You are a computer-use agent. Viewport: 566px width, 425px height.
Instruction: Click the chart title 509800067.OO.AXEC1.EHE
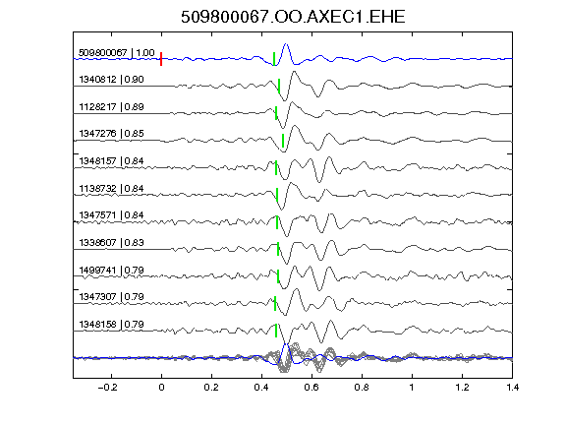point(293,17)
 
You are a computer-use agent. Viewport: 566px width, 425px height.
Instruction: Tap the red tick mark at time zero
point(161,59)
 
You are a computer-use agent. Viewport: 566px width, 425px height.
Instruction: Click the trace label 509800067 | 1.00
point(117,53)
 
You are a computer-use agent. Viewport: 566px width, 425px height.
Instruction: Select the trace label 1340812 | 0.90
point(111,79)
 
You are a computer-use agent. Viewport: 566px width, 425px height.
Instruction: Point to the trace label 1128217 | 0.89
point(111,106)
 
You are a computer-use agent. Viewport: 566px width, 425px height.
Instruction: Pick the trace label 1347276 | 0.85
point(111,134)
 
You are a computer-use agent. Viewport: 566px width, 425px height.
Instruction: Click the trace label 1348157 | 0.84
point(111,160)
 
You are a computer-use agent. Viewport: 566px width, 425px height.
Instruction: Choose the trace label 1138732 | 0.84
point(111,188)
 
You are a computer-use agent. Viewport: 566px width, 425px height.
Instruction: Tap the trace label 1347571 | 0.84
point(111,215)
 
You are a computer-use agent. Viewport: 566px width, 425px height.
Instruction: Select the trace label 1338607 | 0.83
point(111,242)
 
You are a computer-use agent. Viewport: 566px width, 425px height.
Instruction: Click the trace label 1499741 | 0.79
point(111,270)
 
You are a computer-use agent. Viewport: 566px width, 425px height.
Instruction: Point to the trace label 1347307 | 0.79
point(111,297)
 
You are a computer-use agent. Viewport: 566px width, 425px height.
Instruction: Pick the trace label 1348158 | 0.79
point(111,325)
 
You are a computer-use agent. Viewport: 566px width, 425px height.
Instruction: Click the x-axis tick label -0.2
point(108,388)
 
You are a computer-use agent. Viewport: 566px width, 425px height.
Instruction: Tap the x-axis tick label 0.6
point(311,388)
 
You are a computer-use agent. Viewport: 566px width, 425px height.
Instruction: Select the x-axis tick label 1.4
point(512,388)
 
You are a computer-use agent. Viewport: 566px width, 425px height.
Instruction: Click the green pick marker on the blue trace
point(274,59)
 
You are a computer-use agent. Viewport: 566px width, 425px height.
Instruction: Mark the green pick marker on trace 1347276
point(283,141)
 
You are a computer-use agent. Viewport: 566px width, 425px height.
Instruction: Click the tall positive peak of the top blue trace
point(286,44)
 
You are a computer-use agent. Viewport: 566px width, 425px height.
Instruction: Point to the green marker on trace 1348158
point(276,331)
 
